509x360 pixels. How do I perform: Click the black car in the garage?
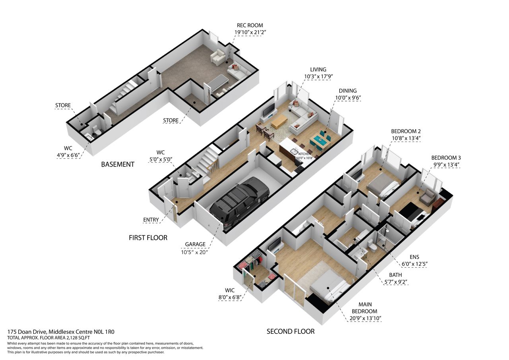click(239, 203)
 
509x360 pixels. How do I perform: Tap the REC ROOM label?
click(250, 25)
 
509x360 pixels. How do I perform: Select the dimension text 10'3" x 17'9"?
click(319, 77)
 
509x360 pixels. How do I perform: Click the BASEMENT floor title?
click(117, 164)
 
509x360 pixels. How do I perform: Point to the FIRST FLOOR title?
click(148, 238)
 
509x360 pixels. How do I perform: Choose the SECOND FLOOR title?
click(291, 332)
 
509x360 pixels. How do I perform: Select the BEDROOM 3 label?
click(446, 158)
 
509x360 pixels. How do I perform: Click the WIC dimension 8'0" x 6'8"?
click(229, 297)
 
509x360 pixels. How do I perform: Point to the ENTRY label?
click(151, 220)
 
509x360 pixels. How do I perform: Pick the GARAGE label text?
click(195, 244)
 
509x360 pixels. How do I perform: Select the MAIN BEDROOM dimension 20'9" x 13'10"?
click(365, 318)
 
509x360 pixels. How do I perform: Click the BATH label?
click(395, 275)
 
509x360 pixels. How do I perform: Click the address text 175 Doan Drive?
click(27, 332)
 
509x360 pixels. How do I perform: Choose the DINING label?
click(348, 91)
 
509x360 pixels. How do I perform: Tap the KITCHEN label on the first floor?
click(305, 154)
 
